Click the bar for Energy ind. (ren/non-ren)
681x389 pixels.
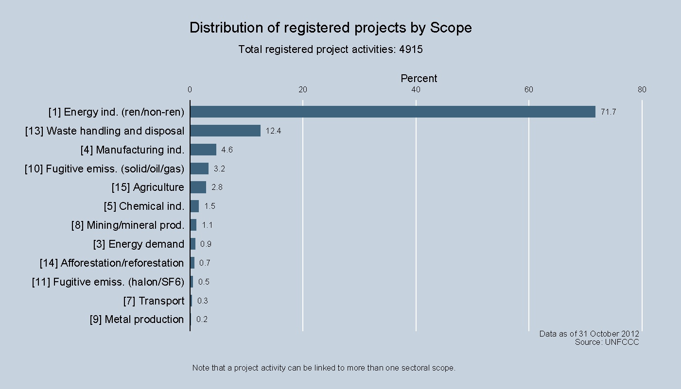(x=392, y=112)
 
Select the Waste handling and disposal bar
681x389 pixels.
(x=225, y=131)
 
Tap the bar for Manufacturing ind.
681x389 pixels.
(x=203, y=150)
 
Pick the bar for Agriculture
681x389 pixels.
(x=198, y=187)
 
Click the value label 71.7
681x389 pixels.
(x=608, y=112)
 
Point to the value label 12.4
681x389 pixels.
(x=273, y=131)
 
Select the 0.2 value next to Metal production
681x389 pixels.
(x=202, y=320)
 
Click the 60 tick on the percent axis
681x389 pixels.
(x=529, y=89)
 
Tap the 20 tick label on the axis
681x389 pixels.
(x=303, y=89)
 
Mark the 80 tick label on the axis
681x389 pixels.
(x=642, y=89)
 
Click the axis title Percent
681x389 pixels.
(x=419, y=79)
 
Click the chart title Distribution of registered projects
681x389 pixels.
(x=331, y=28)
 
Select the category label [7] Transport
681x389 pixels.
(x=154, y=301)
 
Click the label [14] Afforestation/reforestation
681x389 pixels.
(x=112, y=263)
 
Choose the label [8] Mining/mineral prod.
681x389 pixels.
(x=128, y=225)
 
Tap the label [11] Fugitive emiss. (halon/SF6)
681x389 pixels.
(x=108, y=282)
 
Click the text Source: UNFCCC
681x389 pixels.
(x=607, y=342)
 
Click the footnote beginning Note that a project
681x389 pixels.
(x=324, y=368)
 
